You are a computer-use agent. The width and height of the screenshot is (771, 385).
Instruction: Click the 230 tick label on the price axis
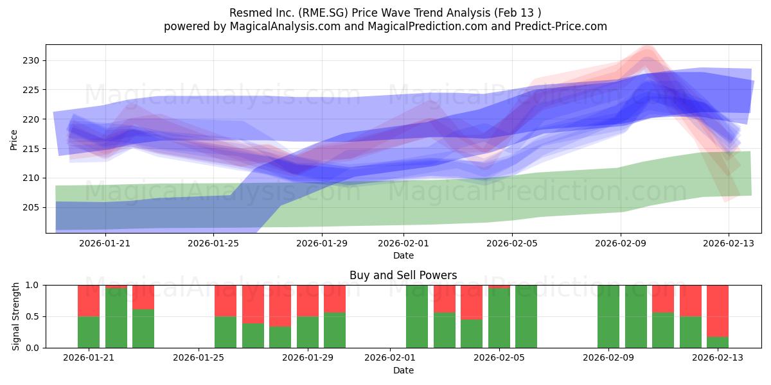[x=30, y=60]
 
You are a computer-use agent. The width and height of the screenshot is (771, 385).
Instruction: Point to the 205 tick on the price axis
[x=30, y=207]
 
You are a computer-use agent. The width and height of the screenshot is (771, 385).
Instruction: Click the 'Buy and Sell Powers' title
[x=403, y=275]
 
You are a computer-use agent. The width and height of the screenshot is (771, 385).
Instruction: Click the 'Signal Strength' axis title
[x=16, y=316]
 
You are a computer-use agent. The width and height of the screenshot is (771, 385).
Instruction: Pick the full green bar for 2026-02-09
[x=608, y=316]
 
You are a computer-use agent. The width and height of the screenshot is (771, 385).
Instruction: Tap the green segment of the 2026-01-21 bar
[x=89, y=332]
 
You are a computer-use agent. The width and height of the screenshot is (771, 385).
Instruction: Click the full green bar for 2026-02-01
[x=417, y=316]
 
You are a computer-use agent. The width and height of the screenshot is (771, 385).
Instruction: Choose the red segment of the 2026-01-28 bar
[x=280, y=305]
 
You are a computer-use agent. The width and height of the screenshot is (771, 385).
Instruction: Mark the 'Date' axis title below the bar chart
[x=403, y=370]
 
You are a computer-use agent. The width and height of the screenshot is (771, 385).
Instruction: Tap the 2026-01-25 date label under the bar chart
[x=199, y=357]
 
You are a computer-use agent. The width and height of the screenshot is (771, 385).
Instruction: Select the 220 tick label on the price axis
[x=30, y=119]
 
